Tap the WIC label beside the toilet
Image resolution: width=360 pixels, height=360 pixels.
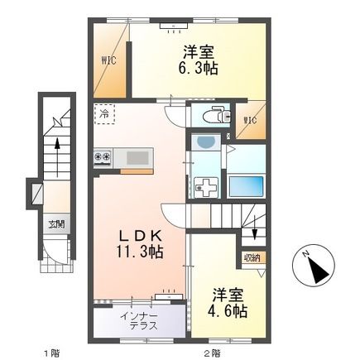click(250, 121)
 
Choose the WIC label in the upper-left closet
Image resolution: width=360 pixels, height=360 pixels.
click(108, 60)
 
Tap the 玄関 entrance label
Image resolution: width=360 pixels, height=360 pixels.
click(55, 224)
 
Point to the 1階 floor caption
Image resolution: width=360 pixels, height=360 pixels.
click(52, 353)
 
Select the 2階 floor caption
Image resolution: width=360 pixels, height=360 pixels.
click(212, 353)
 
